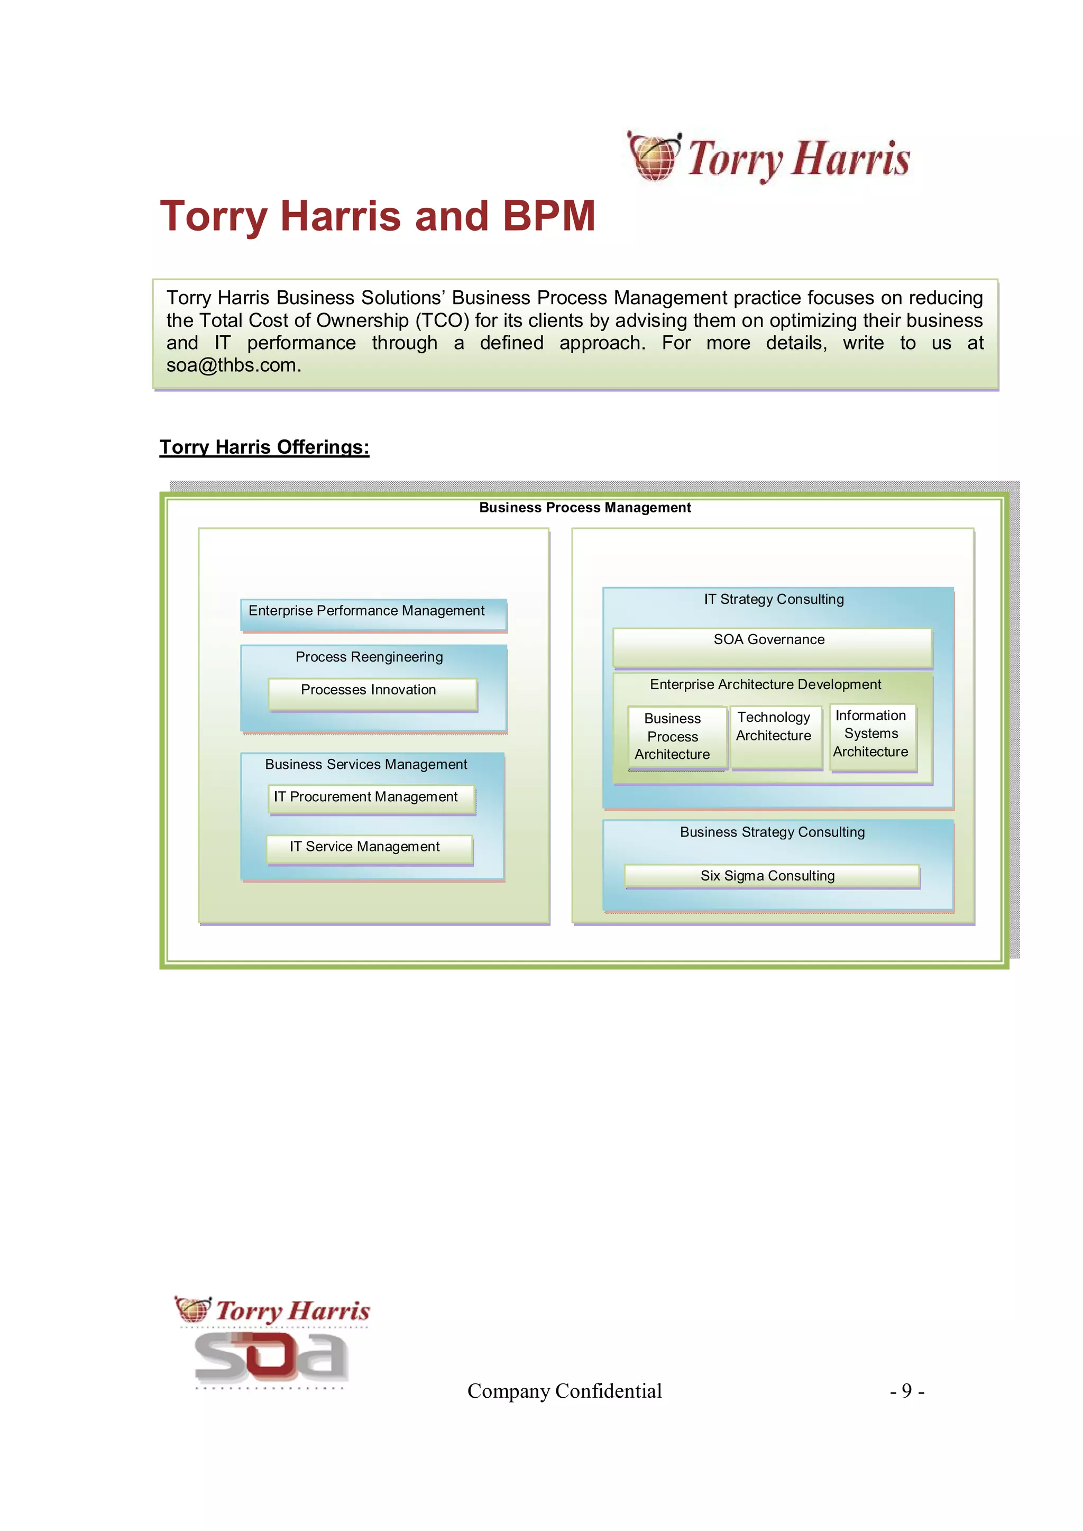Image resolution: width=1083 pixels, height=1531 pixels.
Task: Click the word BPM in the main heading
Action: (548, 216)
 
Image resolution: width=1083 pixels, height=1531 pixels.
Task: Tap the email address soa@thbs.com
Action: (233, 365)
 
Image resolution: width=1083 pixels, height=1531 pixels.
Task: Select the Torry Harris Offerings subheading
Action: (264, 447)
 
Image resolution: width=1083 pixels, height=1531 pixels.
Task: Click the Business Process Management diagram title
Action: (585, 508)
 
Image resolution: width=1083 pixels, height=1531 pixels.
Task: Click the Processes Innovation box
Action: (372, 693)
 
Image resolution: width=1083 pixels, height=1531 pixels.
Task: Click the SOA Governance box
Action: (772, 646)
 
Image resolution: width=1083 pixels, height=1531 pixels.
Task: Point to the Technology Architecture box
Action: (776, 736)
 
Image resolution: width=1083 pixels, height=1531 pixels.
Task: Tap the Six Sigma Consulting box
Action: (771, 876)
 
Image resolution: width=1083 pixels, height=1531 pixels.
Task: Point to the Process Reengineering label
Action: (369, 657)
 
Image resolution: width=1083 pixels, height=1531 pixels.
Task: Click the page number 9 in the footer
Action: (906, 1390)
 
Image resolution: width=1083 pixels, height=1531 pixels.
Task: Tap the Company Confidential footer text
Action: (564, 1391)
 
